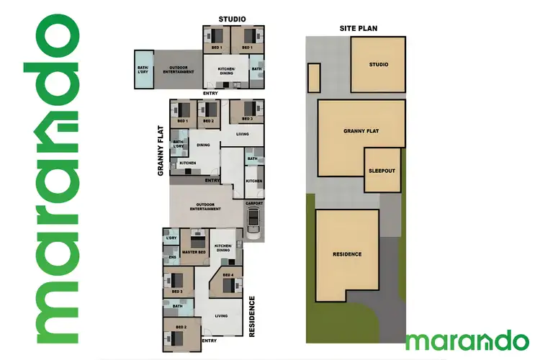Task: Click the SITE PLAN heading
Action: tap(359, 29)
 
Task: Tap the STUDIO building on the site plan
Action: tap(377, 65)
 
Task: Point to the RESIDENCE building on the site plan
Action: tap(347, 254)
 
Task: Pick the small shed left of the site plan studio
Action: tap(313, 78)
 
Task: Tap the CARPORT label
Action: tap(253, 204)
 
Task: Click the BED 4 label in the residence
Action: tap(228, 275)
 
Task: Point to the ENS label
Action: tap(172, 257)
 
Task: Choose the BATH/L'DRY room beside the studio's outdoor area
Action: tap(144, 69)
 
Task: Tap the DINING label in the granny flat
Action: tap(203, 145)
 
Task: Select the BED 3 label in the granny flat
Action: tap(247, 118)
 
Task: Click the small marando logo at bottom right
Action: tap(467, 339)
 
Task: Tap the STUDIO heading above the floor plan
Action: tap(232, 19)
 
